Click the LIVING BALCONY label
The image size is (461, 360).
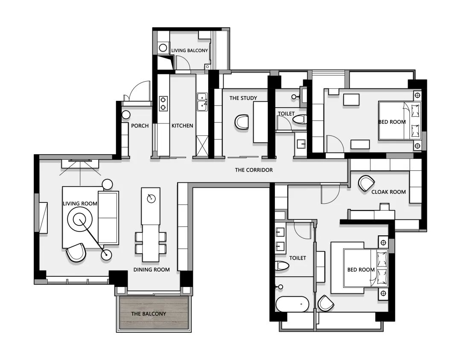point(190,50)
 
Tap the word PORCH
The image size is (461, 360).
point(140,126)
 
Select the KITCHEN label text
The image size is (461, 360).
point(182,126)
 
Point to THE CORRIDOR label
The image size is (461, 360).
point(254,170)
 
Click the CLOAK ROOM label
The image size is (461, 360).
point(388,192)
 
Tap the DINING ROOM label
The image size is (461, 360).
point(152,269)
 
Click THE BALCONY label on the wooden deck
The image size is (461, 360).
point(149,314)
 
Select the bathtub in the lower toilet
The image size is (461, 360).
point(292,304)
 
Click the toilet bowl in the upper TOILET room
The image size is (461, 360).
point(300,120)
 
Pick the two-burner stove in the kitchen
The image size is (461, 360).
point(163,103)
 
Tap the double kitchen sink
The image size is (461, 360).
point(202,102)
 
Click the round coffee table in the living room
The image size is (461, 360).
point(80,220)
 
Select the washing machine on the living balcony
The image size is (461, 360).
point(163,47)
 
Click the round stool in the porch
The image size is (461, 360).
point(126,115)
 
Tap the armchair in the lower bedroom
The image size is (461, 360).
point(326,303)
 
